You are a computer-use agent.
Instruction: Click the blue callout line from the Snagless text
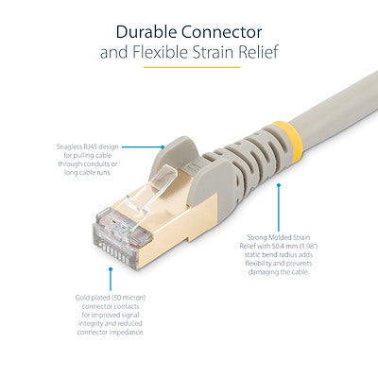point(142,147)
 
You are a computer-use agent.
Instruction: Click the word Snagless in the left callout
point(67,146)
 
